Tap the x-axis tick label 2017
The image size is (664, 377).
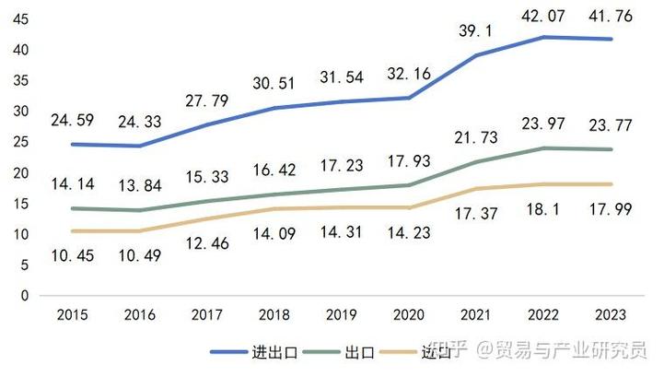click(x=207, y=314)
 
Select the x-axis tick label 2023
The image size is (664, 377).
click(x=612, y=314)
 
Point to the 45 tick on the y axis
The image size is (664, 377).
click(x=21, y=19)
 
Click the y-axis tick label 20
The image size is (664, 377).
click(x=21, y=173)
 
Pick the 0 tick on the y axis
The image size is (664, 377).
click(x=26, y=296)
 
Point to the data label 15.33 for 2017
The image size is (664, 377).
click(x=207, y=177)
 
